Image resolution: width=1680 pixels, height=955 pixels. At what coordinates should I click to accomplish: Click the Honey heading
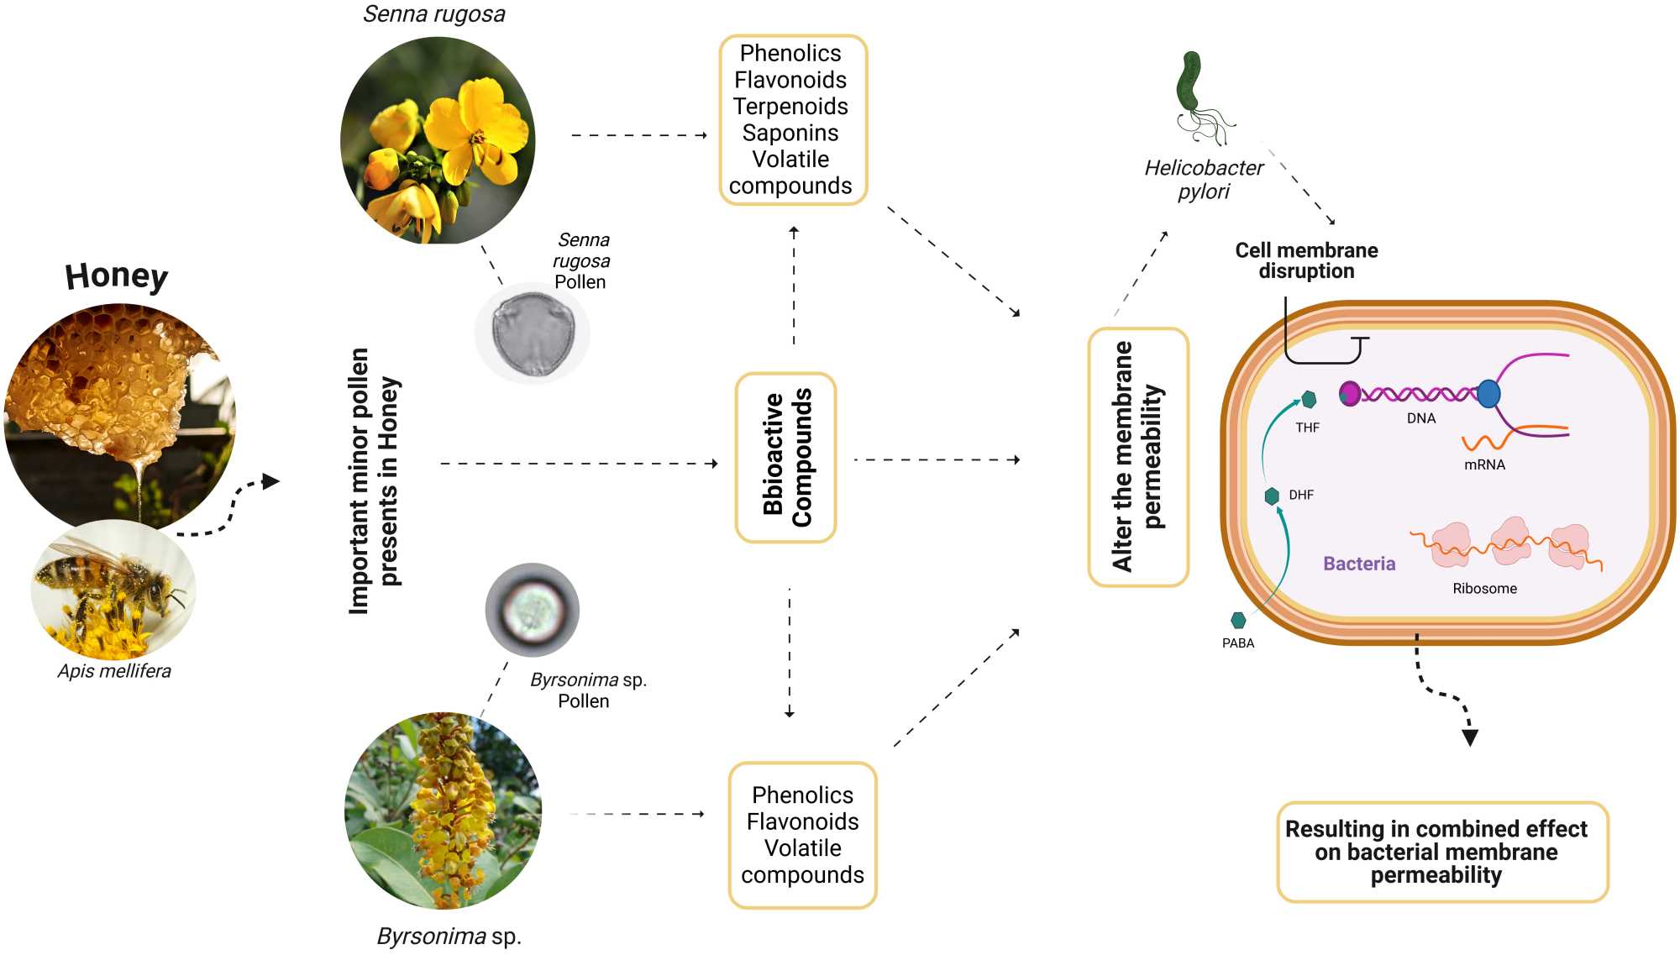tap(117, 275)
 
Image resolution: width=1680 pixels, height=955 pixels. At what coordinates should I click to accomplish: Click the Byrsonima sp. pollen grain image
tap(533, 610)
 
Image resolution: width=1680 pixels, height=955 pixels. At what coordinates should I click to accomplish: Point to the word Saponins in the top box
tap(790, 133)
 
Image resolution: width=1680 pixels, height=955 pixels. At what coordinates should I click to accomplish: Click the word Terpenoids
tap(790, 106)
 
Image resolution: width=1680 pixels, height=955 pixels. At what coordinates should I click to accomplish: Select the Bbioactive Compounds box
tap(786, 458)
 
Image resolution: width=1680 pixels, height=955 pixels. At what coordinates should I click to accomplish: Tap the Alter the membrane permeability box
tap(1138, 457)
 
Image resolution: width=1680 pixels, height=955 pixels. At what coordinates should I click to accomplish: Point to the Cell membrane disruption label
tap(1306, 260)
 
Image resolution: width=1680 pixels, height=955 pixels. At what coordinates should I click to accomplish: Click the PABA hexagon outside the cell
tap(1238, 621)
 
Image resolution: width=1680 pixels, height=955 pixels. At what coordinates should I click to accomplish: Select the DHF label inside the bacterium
tap(1301, 495)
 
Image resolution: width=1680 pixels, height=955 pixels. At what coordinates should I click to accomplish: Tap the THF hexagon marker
tap(1308, 400)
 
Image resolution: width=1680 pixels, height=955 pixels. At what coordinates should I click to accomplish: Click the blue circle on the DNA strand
tap(1488, 393)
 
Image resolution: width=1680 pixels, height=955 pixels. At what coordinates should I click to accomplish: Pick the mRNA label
tap(1484, 464)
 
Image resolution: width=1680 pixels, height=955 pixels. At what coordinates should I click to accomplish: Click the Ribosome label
tap(1484, 589)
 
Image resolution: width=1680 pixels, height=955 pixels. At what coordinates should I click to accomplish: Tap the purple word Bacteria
tap(1359, 564)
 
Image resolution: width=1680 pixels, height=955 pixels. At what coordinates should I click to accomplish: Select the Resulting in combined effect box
tap(1441, 852)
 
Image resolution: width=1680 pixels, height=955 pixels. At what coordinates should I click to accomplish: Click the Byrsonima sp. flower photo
tap(443, 811)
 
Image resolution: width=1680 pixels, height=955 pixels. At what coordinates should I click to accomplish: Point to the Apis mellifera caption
tap(114, 671)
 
